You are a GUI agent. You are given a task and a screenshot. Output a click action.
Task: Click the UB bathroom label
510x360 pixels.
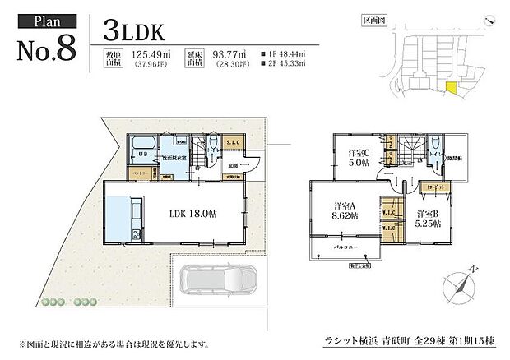point(141,154)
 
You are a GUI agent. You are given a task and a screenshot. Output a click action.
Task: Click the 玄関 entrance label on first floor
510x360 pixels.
point(234,165)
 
